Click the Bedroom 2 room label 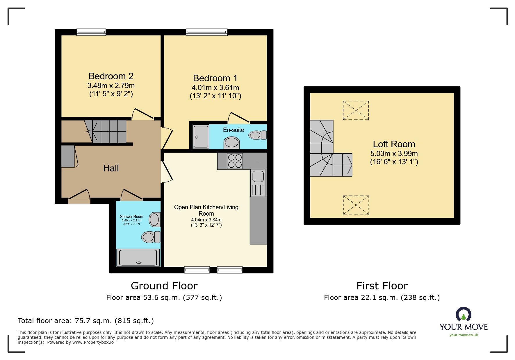tap(111, 76)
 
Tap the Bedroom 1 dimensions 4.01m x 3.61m tap(215, 87)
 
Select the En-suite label tap(233, 130)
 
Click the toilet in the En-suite tap(257, 135)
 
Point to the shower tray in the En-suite tap(201, 136)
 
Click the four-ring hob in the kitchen tap(235, 161)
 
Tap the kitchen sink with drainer tap(258, 183)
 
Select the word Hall tap(111, 168)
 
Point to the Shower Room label tap(131, 216)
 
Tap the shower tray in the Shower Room tap(138, 257)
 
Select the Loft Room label tap(394, 144)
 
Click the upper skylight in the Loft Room tap(356, 110)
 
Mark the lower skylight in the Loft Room tap(356, 205)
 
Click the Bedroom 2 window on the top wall tap(91, 32)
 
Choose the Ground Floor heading tap(164, 286)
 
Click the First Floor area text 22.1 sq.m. tap(382, 298)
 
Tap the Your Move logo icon tap(463, 315)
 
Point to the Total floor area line tap(85, 321)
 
